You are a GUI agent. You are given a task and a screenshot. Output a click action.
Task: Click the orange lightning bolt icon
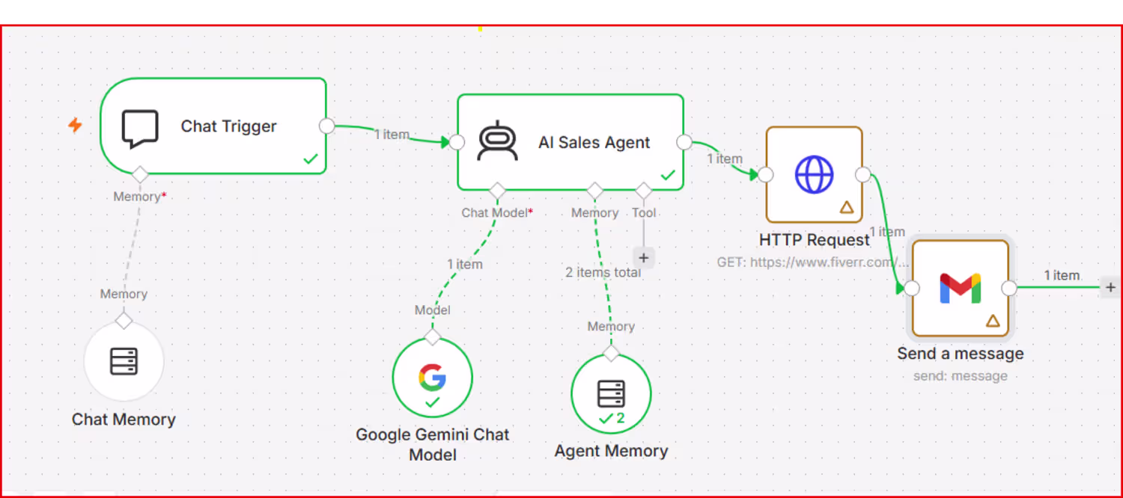point(75,125)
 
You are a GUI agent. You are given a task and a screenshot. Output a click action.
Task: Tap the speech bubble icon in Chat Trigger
point(140,129)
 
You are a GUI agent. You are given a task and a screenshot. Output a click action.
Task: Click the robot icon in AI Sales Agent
point(497,141)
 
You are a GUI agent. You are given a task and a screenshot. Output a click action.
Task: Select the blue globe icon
point(815,175)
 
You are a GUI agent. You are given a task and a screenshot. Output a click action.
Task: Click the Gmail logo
point(960,289)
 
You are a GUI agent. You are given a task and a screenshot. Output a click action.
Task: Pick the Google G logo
point(432,377)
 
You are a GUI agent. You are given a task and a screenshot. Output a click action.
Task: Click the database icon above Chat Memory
point(124,361)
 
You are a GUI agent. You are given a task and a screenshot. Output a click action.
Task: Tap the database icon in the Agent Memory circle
point(611,394)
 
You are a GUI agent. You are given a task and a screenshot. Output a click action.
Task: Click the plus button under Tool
point(644,258)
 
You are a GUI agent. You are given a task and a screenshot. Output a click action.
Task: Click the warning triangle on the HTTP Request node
point(847,207)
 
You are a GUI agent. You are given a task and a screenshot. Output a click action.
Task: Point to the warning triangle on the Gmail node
point(993,321)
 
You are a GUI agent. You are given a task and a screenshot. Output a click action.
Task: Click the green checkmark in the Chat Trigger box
point(311,159)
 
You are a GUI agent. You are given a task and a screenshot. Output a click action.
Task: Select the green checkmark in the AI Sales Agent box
point(668,175)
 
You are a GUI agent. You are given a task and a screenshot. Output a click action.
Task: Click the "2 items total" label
point(603,272)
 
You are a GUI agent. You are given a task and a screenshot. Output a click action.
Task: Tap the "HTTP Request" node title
point(815,240)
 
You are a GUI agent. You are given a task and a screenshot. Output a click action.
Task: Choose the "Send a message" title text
point(960,354)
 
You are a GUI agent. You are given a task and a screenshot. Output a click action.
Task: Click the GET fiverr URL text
point(812,262)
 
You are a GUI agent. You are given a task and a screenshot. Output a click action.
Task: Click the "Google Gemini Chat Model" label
point(432,444)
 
